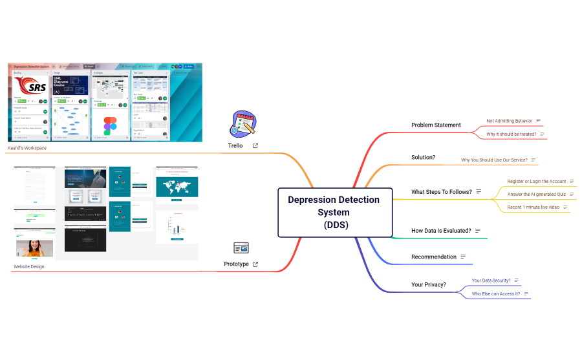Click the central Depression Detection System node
pos(335,212)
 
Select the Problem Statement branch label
pos(436,125)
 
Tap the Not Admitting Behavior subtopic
pos(509,121)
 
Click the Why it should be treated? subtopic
pos(511,134)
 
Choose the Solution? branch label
pos(423,157)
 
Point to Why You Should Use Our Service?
pos(494,160)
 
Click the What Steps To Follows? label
pos(441,192)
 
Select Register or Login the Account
pos(536,182)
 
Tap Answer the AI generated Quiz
pos(536,194)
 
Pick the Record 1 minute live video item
pos(533,207)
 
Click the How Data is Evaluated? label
pos(441,230)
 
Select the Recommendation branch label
pos(433,257)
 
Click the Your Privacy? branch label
pos(428,284)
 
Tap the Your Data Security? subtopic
pos(491,281)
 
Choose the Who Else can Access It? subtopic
pos(495,293)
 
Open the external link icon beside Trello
pos(255,146)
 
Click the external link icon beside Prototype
pos(255,264)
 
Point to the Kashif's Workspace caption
pos(27,148)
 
